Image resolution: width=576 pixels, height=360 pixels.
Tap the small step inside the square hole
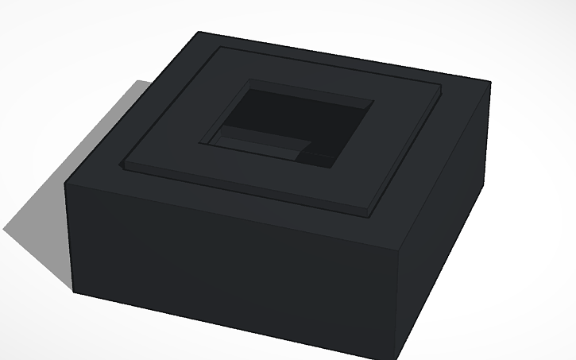(262, 146)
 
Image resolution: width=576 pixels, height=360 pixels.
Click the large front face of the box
(230, 262)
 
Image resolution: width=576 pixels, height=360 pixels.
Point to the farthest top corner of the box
(199, 32)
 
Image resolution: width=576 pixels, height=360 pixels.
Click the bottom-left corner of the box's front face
(74, 292)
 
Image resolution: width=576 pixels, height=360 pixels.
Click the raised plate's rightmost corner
(441, 85)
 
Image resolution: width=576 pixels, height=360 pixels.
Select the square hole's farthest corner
(249, 78)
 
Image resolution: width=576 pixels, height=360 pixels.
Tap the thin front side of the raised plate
(238, 191)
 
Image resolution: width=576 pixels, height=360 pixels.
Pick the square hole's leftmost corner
(199, 143)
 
